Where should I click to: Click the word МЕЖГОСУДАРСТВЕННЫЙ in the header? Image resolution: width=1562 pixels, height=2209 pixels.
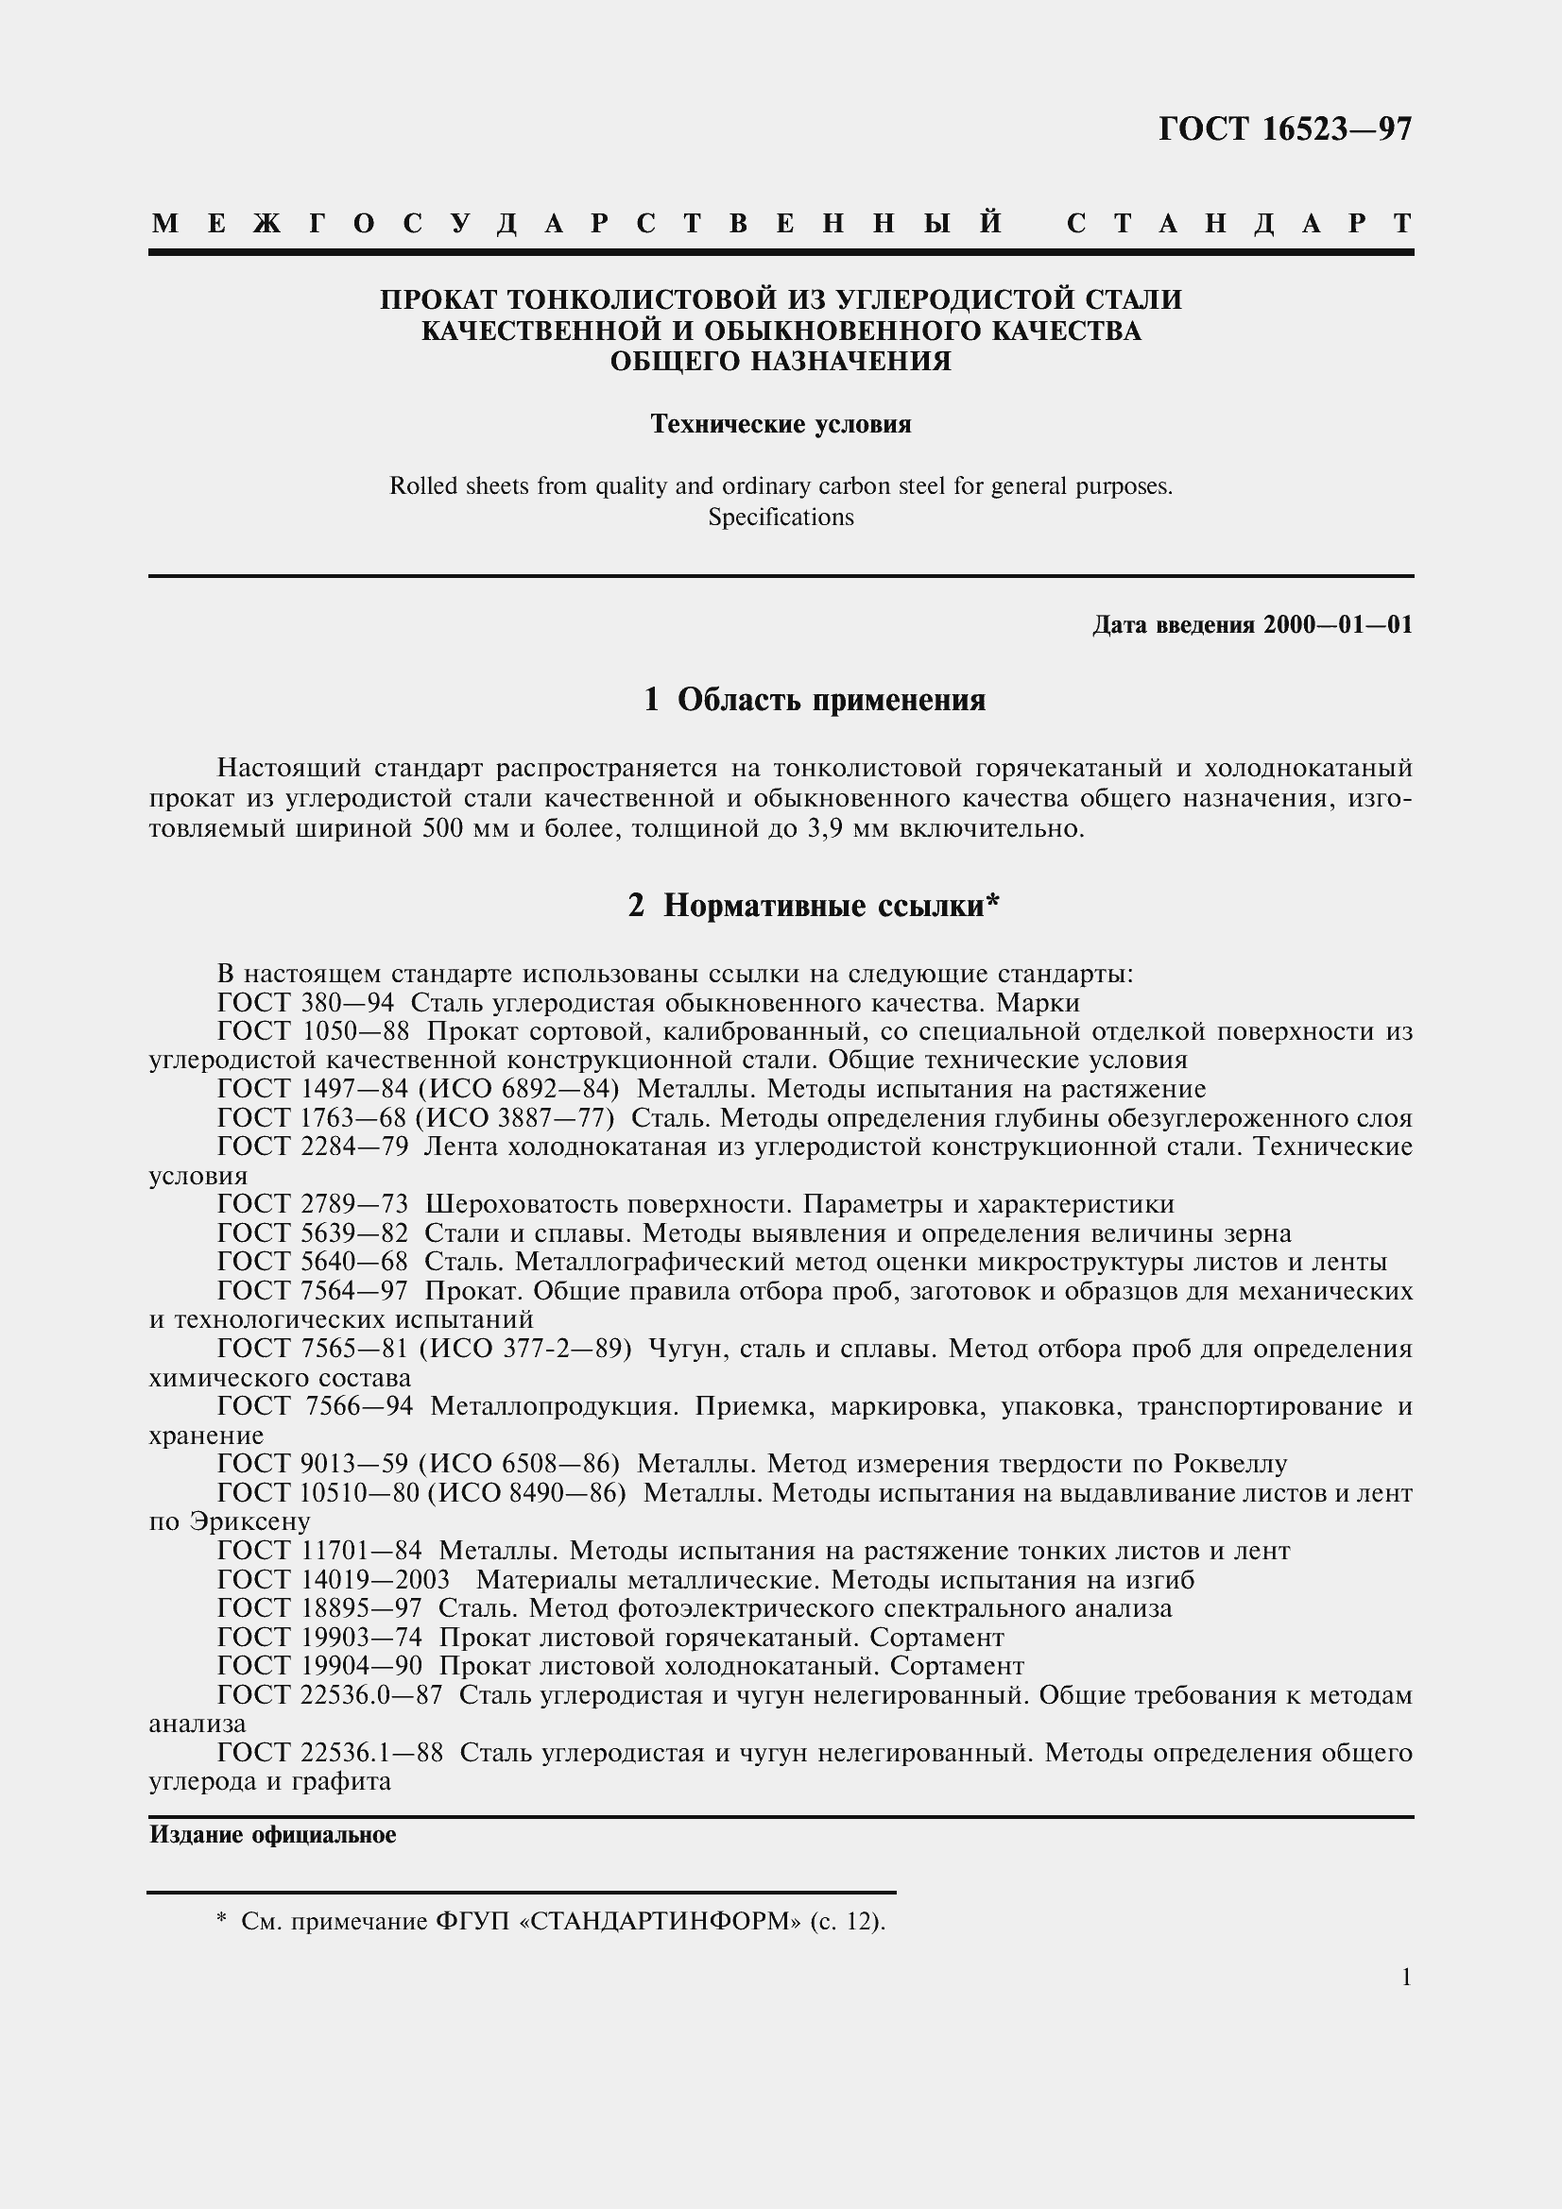577,224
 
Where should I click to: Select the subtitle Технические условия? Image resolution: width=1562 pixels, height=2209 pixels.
781,424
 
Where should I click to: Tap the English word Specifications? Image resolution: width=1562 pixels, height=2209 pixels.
781,518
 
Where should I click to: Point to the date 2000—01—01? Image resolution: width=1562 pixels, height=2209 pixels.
1338,625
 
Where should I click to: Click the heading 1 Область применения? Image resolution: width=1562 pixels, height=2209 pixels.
815,701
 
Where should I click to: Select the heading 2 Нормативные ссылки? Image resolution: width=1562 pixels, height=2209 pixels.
815,907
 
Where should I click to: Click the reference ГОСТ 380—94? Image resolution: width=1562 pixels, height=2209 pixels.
305,1004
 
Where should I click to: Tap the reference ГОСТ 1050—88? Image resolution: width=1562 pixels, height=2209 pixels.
313,1032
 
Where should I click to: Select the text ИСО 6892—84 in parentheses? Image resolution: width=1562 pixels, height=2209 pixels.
519,1090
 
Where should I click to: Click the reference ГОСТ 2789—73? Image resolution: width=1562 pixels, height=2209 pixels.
313,1205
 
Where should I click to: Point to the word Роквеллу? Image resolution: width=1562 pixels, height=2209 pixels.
1230,1466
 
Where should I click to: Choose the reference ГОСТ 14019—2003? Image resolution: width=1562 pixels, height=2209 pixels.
333,1581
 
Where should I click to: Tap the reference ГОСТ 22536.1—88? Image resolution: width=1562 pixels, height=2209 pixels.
330,1754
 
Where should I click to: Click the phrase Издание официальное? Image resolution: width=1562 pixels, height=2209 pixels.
272,1836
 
